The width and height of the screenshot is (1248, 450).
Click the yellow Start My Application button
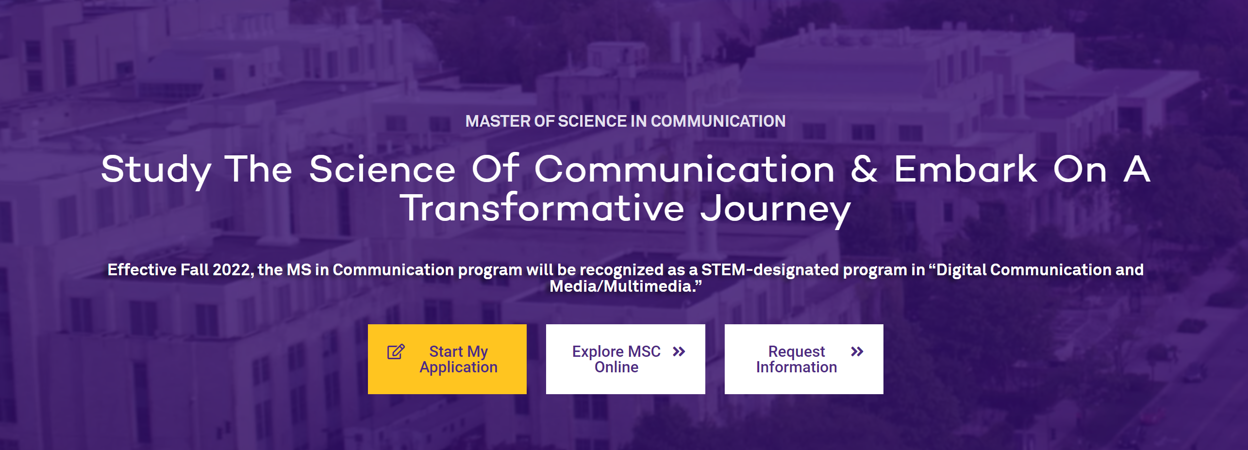click(x=447, y=359)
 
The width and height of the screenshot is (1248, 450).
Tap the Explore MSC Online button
click(x=625, y=359)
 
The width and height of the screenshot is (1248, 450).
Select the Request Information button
click(x=804, y=359)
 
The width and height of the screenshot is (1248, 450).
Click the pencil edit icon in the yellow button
click(x=396, y=351)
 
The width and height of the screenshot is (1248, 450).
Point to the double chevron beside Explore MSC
click(x=679, y=351)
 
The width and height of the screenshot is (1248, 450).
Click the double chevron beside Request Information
click(x=857, y=351)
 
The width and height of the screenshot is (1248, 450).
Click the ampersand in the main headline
click(x=864, y=169)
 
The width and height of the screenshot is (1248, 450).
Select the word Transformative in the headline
click(x=542, y=207)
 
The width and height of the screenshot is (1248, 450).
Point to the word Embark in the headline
click(x=965, y=168)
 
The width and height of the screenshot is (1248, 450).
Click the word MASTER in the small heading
click(x=498, y=121)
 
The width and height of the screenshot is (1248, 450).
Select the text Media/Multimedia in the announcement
click(x=620, y=286)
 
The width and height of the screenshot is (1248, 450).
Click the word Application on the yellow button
click(x=459, y=367)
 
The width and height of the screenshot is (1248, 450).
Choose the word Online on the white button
click(x=616, y=367)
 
